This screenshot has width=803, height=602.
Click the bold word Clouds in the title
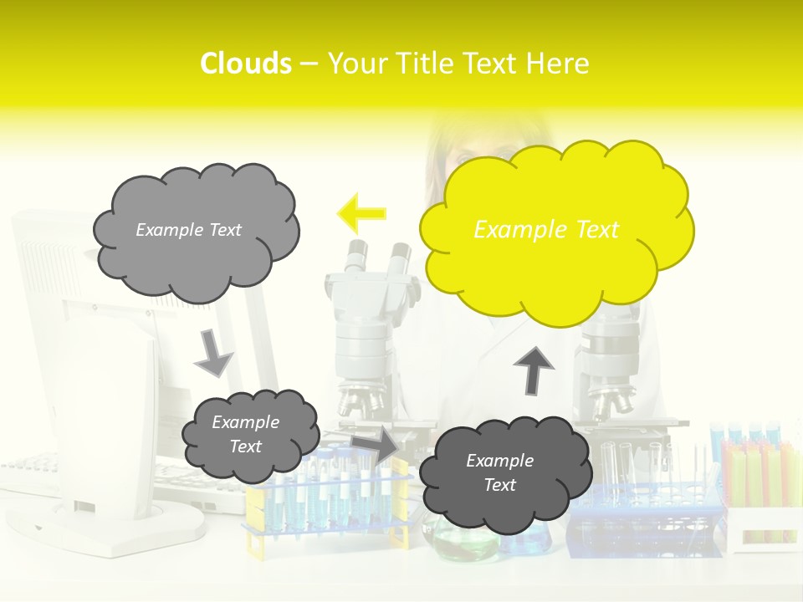(x=246, y=64)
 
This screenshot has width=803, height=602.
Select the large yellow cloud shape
(x=556, y=230)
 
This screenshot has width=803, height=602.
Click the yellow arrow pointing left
(x=361, y=213)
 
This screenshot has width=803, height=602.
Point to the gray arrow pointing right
(x=376, y=446)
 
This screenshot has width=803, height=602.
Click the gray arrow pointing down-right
(x=213, y=353)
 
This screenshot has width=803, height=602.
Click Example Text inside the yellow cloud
(x=546, y=230)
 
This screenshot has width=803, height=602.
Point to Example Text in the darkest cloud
(x=499, y=472)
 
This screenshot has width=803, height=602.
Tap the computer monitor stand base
(x=125, y=527)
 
